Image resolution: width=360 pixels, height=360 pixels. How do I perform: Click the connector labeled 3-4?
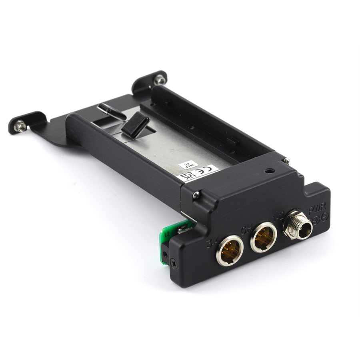[x=230, y=250]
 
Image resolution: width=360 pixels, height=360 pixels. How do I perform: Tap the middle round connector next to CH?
[x=264, y=237]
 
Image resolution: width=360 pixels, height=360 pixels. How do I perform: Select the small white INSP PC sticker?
[x=185, y=166]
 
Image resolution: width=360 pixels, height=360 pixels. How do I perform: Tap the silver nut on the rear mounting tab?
[x=160, y=79]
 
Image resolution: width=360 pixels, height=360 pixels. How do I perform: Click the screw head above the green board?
[x=196, y=195]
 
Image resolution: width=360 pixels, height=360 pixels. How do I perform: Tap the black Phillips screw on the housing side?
[x=174, y=263]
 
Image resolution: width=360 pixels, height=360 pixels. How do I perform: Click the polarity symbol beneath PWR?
[x=321, y=218]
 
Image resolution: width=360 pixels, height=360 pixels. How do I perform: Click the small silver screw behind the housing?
[x=286, y=160]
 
